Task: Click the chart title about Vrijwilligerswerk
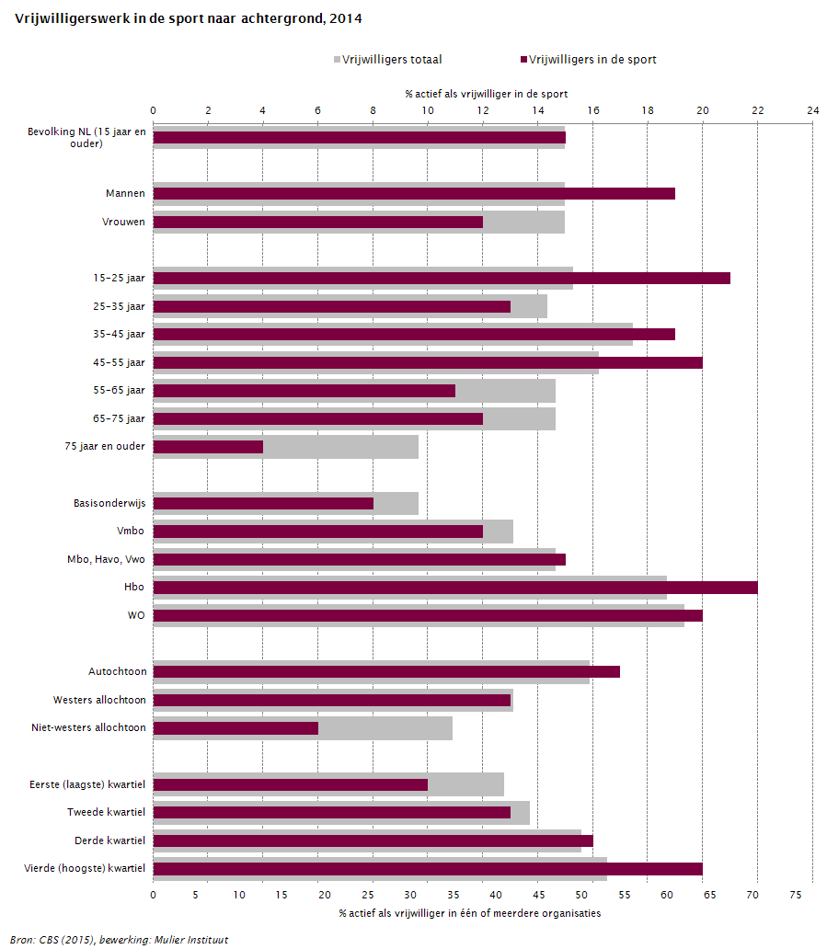click(x=189, y=18)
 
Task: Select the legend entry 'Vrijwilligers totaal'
click(x=388, y=59)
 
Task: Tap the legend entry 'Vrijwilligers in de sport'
click(x=589, y=59)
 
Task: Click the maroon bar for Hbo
click(x=455, y=588)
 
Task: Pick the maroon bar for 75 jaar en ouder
click(x=208, y=447)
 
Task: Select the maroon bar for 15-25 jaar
click(x=442, y=278)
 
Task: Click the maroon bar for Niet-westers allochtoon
click(x=235, y=728)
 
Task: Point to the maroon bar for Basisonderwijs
click(x=263, y=504)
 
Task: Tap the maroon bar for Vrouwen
click(x=318, y=223)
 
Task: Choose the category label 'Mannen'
click(x=125, y=194)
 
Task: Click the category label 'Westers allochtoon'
click(x=99, y=700)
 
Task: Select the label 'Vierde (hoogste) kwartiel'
click(x=85, y=868)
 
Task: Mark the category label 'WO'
click(x=136, y=615)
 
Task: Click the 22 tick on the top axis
click(x=757, y=110)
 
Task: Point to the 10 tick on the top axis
click(x=428, y=110)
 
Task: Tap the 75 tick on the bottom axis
click(x=796, y=895)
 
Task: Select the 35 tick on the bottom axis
click(x=453, y=895)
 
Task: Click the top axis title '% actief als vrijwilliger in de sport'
click(x=486, y=94)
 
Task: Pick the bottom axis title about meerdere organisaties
click(x=470, y=913)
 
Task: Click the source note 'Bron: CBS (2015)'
click(x=52, y=940)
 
